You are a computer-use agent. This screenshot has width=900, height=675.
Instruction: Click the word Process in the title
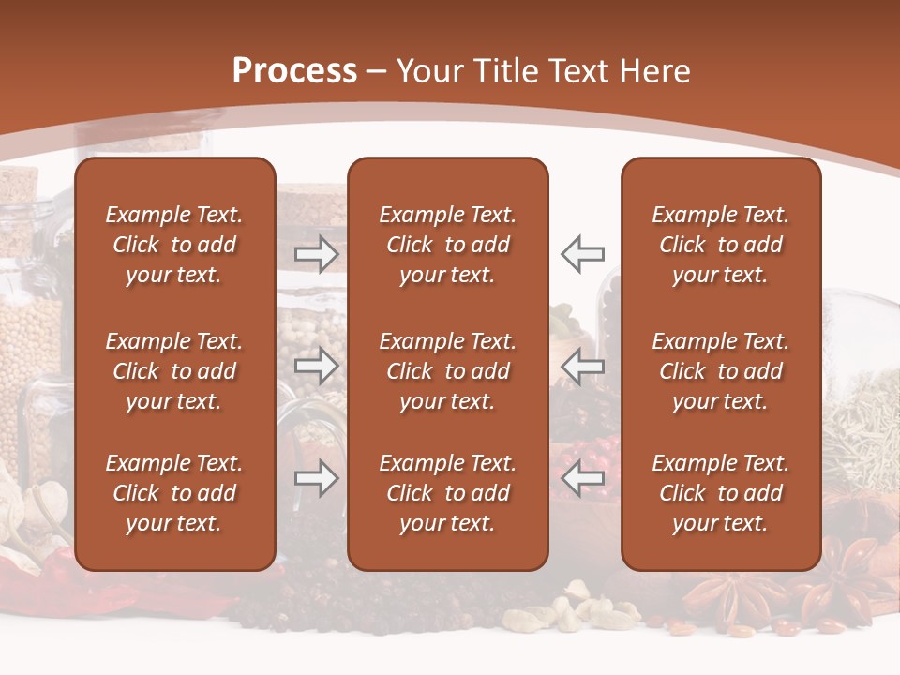tap(294, 71)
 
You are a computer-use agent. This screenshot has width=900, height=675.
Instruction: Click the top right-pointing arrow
tap(317, 253)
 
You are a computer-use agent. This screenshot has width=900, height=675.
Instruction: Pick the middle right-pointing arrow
tap(317, 366)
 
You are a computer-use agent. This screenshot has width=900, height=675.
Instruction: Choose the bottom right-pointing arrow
tap(317, 478)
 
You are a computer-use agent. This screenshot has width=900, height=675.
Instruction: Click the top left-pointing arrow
tap(582, 253)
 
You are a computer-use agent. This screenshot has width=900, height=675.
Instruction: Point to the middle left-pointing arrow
tap(582, 366)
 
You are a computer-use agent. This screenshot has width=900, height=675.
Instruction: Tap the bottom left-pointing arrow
tap(582, 478)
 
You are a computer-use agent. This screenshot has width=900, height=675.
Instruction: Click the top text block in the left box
tap(174, 245)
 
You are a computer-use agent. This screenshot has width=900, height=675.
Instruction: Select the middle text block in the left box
tap(174, 371)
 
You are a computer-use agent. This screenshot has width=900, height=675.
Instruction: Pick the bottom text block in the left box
tap(174, 493)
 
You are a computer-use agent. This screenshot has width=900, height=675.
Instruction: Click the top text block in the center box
tap(447, 245)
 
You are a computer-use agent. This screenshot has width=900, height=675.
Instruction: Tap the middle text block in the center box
tap(447, 371)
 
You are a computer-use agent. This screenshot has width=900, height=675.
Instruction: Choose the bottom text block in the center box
tap(447, 493)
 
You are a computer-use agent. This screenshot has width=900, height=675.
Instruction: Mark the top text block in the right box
tap(720, 245)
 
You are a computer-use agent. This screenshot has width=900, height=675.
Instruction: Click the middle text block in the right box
tap(720, 371)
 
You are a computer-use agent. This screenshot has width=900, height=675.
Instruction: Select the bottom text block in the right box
tap(720, 493)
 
